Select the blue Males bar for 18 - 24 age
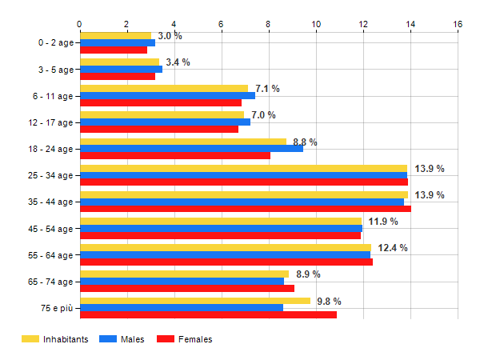point(191,148)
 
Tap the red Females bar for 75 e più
point(208,314)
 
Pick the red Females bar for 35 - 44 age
point(245,209)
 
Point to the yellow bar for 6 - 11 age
point(163,89)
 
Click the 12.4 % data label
point(393,248)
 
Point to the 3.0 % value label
point(170,36)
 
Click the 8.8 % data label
point(305,142)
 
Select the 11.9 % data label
point(383,222)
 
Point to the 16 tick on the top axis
point(458,24)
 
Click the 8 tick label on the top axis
point(268,24)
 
